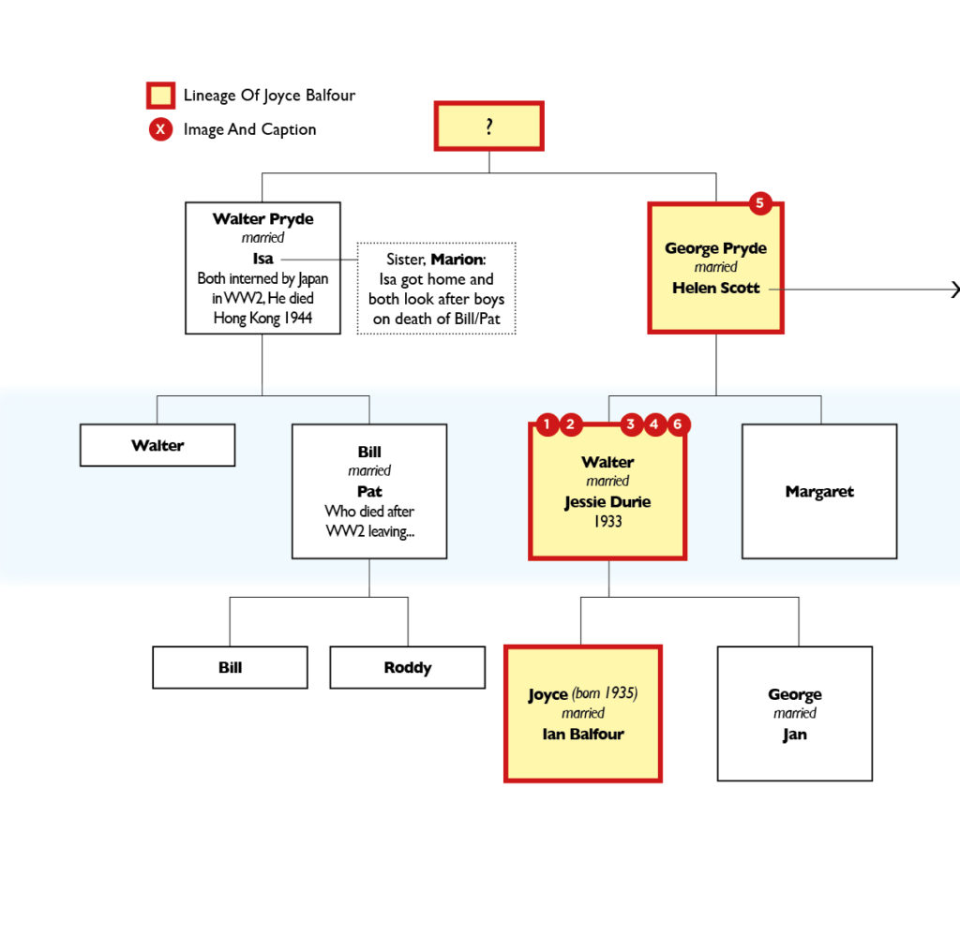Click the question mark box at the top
[x=488, y=126]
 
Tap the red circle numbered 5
[x=760, y=203]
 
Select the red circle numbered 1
[x=546, y=424]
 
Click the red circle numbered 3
[x=631, y=424]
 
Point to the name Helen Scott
[x=715, y=288]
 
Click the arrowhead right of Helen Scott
[x=954, y=290]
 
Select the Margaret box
[x=818, y=491]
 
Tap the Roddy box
[x=407, y=667]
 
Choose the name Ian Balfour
[x=582, y=734]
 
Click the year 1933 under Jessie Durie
[x=607, y=521]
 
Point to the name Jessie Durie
[x=607, y=501]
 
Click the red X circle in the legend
[x=160, y=129]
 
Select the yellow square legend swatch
[x=160, y=96]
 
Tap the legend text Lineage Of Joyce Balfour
[x=269, y=96]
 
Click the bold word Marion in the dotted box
[x=457, y=259]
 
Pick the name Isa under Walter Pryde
[x=262, y=258]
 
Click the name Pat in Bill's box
[x=369, y=491]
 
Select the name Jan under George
[x=794, y=734]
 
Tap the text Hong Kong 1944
[x=262, y=318]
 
